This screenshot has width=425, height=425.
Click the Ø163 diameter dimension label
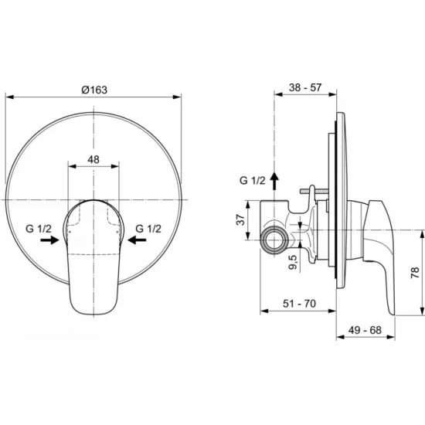(x=94, y=90)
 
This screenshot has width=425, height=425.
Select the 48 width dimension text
(x=93, y=159)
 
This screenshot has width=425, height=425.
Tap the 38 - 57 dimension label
(x=305, y=87)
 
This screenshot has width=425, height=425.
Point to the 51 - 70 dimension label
(x=299, y=304)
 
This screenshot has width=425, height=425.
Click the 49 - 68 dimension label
(x=365, y=330)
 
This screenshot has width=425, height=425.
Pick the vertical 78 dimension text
(x=415, y=273)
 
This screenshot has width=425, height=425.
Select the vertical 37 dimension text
(x=240, y=219)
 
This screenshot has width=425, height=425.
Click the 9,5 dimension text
(x=293, y=262)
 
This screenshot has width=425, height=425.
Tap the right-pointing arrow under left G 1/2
(x=49, y=240)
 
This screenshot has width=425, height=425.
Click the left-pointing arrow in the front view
(x=137, y=240)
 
